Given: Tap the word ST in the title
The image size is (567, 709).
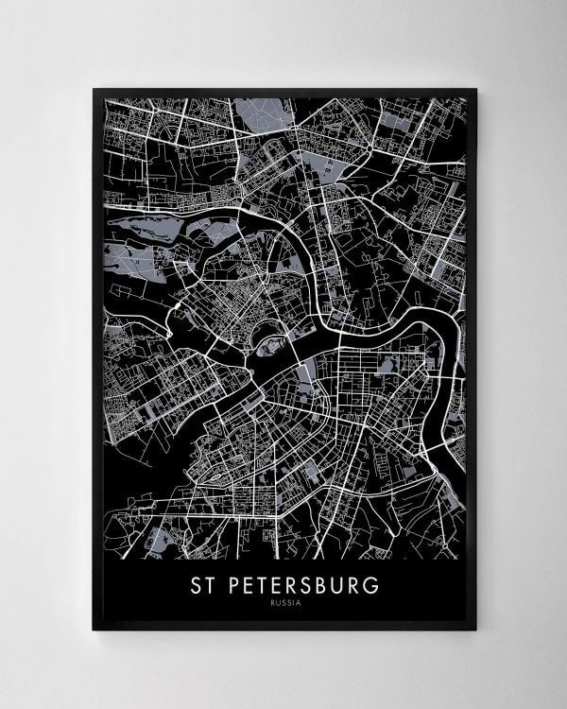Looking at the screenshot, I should (198, 585).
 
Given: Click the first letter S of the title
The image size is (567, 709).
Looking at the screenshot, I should (192, 585).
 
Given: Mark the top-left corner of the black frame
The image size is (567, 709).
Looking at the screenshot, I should (93, 89).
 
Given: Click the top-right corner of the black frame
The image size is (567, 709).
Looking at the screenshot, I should (477, 89).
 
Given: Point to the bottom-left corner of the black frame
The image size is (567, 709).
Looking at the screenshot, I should (93, 630).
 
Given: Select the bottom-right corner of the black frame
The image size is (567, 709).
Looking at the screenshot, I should (477, 630).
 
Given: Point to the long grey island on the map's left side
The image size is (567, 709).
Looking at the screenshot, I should (142, 227).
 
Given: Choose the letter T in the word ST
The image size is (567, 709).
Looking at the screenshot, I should (207, 585).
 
